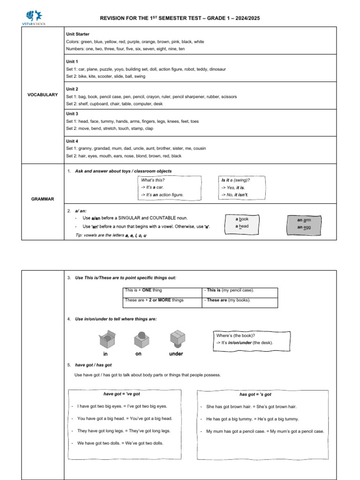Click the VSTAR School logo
(x=36, y=17)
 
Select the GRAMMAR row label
(x=42, y=199)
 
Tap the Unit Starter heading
(x=77, y=34)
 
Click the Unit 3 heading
(x=72, y=114)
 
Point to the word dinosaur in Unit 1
(x=216, y=69)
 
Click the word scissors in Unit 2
(x=227, y=97)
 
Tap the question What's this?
(x=153, y=180)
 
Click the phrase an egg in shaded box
(x=304, y=227)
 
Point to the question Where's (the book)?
(x=235, y=336)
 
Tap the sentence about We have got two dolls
(x=120, y=443)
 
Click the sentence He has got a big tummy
(x=252, y=419)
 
